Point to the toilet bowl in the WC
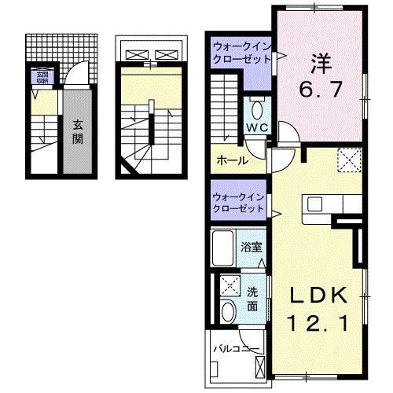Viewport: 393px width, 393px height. point(258,109)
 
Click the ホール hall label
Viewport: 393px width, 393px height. point(233,160)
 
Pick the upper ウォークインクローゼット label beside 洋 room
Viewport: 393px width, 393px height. point(239,56)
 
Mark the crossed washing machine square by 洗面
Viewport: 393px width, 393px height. point(231,285)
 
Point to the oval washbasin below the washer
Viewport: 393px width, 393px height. point(229,312)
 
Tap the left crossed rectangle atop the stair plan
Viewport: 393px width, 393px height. point(135,55)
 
